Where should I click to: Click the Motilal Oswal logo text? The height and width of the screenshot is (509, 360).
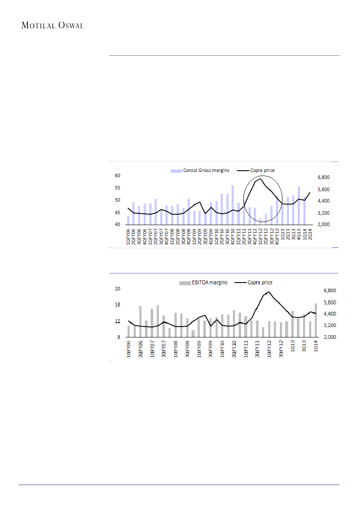coord(53,25)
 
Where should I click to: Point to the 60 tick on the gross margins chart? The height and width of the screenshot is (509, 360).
coord(117,175)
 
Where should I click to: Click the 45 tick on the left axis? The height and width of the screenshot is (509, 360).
coord(117,212)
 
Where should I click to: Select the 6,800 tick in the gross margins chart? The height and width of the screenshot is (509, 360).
coord(324,178)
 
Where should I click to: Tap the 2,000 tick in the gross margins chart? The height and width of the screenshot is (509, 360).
coord(324,225)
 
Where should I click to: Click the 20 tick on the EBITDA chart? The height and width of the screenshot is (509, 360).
coord(117,289)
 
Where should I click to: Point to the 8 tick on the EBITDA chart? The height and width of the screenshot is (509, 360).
coord(118,337)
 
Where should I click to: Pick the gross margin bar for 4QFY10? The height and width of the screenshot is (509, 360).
coord(232,205)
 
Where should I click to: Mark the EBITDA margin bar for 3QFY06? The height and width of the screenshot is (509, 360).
coord(140,321)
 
